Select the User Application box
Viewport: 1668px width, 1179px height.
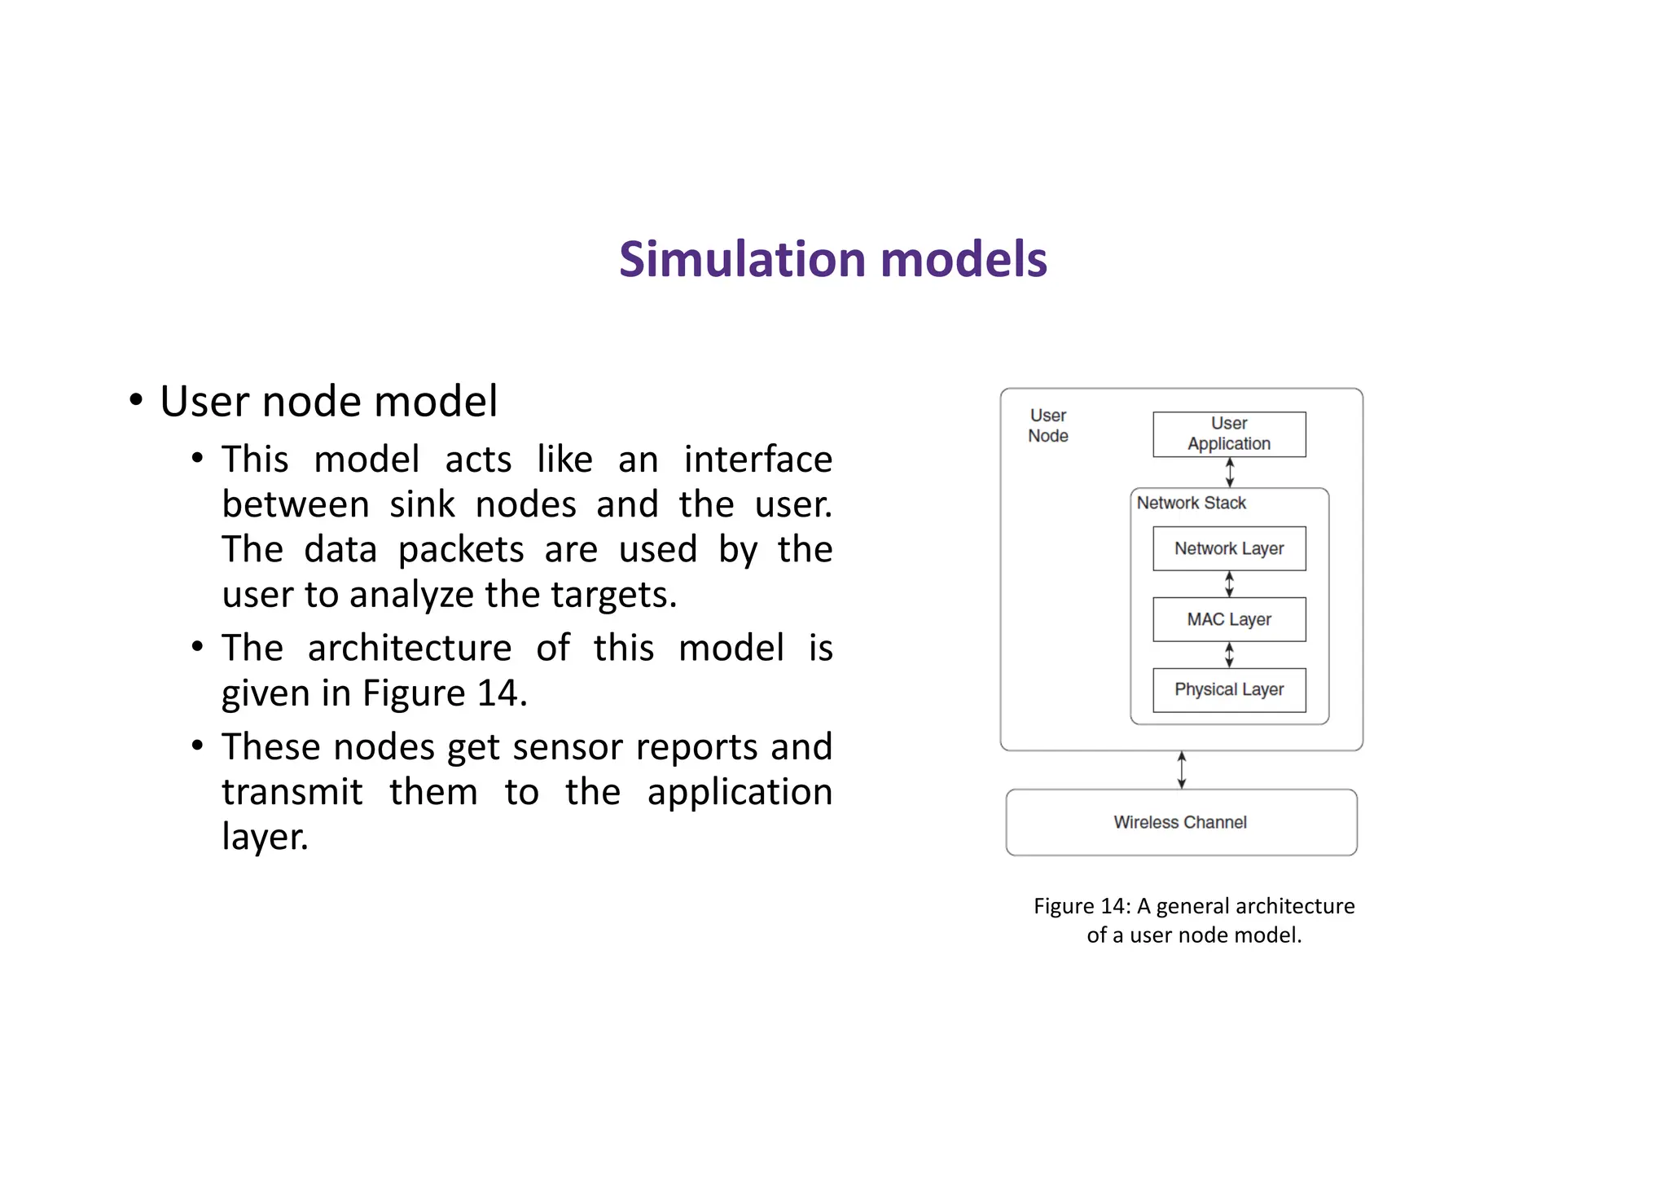coord(1229,434)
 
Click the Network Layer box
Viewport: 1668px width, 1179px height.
coord(1229,548)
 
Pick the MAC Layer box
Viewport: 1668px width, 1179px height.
coord(1229,619)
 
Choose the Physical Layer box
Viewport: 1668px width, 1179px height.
coord(1229,690)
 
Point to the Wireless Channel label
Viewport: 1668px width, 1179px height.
coord(1180,822)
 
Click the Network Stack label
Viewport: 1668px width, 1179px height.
coord(1191,503)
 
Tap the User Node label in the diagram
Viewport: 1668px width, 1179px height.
coord(1048,425)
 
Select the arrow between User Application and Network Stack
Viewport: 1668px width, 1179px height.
coord(1230,473)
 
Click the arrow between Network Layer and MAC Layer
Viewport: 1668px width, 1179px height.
coord(1230,584)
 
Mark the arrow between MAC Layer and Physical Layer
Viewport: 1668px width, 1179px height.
coord(1230,655)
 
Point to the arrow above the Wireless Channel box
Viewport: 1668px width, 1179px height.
coord(1182,770)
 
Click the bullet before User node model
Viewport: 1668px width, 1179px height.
coord(136,401)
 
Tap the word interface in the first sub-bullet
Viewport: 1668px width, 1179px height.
coord(757,460)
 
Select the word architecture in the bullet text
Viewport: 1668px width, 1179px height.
coord(410,648)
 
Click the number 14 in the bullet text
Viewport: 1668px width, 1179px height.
coord(498,693)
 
